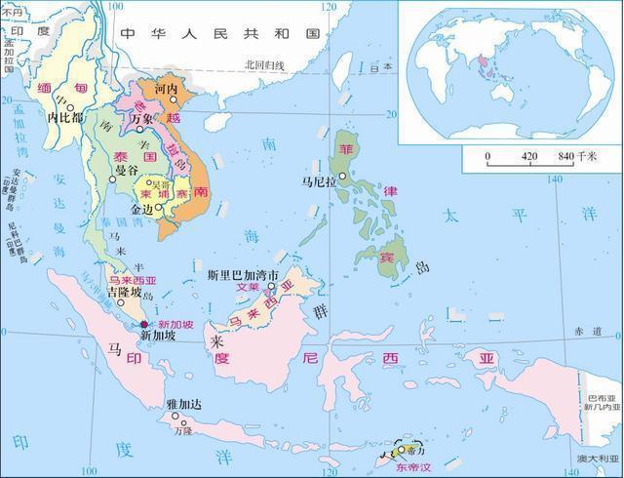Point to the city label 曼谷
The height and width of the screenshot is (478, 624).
[x=126, y=170]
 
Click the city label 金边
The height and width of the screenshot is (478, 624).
[x=142, y=209]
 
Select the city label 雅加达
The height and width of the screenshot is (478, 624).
[x=183, y=402]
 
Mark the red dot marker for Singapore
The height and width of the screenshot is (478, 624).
[x=144, y=324]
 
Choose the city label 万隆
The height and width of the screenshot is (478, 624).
[x=182, y=430]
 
